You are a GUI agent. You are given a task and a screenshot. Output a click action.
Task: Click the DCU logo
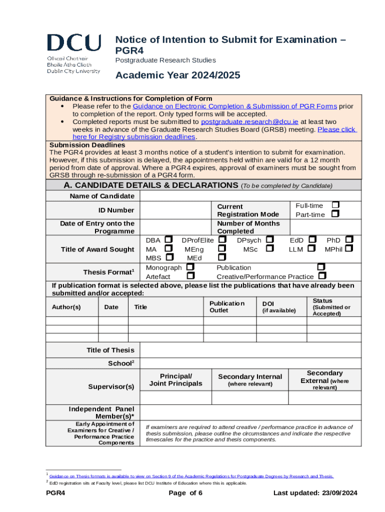coord(73,53)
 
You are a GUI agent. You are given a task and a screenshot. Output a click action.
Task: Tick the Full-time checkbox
coord(335,205)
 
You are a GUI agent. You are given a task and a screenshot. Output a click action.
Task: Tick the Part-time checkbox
coord(335,214)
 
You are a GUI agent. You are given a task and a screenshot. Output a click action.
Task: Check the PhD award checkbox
coord(349,240)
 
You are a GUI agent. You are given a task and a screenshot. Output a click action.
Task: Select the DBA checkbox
coord(169,240)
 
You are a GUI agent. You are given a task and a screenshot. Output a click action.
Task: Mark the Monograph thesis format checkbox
coord(190,267)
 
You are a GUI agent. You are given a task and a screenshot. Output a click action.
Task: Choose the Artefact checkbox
coord(190,276)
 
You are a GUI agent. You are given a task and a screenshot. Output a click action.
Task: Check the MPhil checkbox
coord(349,248)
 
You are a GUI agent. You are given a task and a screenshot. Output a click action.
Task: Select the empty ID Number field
coord(175,210)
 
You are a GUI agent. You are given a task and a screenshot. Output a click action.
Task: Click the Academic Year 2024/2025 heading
coord(178,75)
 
